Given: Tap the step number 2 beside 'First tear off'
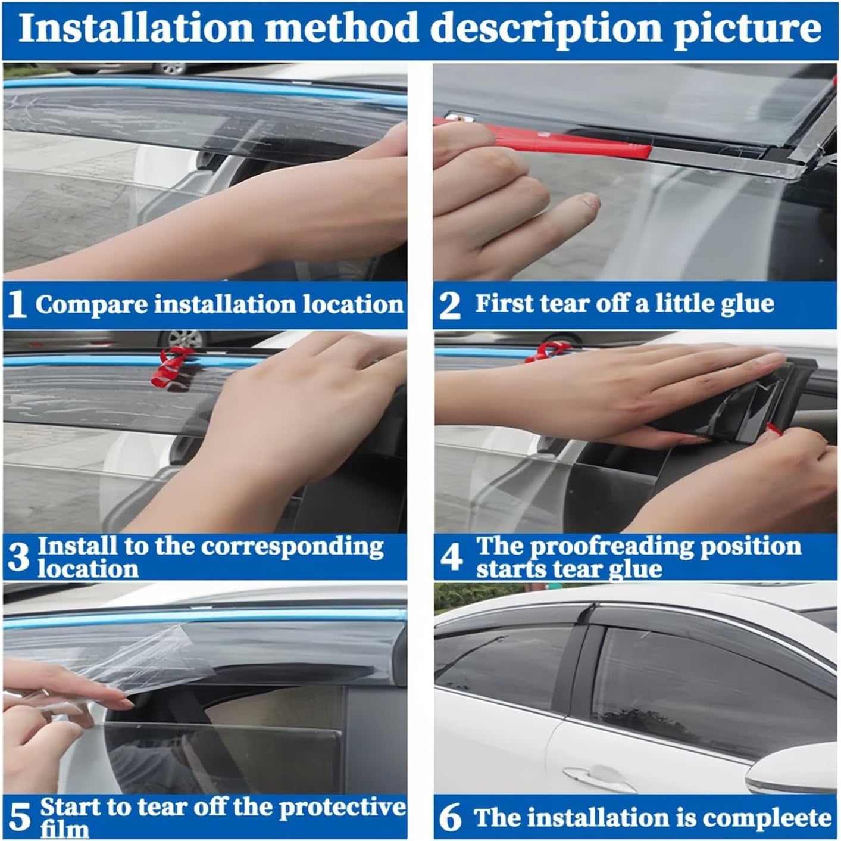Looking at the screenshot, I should [x=449, y=305].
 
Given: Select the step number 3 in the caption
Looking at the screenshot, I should [x=18, y=557].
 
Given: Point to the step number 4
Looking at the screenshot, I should [x=451, y=557].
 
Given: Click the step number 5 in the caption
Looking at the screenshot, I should [x=19, y=817].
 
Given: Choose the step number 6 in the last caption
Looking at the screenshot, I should [x=450, y=817].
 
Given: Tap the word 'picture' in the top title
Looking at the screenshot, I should [x=747, y=28].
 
